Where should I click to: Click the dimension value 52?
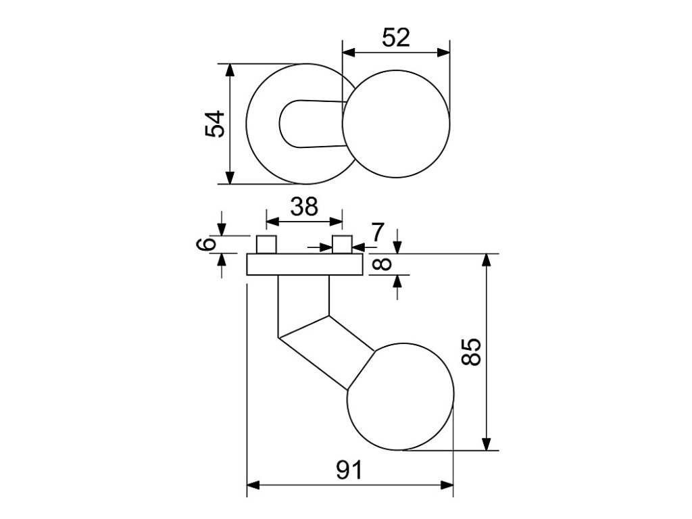[396, 38]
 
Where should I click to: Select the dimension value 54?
[215, 124]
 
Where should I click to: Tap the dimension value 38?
[303, 206]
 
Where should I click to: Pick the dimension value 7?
[377, 232]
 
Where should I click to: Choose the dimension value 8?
[382, 264]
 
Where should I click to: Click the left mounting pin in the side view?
[266, 245]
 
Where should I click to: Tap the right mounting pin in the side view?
[343, 245]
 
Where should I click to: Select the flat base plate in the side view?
[304, 264]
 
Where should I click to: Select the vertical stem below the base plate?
[303, 297]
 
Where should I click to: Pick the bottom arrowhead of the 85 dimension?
[486, 444]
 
